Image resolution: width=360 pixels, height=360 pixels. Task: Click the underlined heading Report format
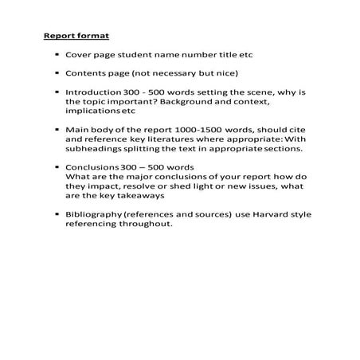(76, 36)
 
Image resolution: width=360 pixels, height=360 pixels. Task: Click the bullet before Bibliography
(59, 213)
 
